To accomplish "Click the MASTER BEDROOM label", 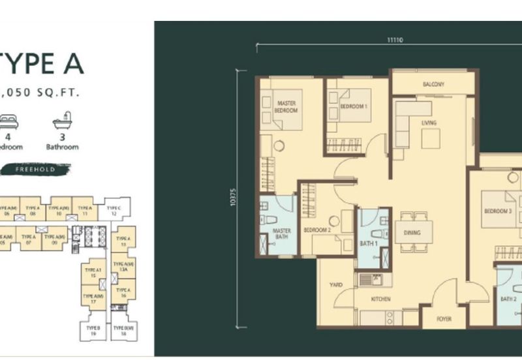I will [287, 107].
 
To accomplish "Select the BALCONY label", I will [433, 85].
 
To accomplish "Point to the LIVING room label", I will [429, 123].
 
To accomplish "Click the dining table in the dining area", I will [413, 233].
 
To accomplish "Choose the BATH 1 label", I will [369, 244].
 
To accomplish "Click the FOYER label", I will [444, 320].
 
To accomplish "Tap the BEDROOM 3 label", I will [498, 212].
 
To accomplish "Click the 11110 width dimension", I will [393, 40].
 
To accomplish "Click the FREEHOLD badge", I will [34, 169].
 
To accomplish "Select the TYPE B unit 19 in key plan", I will [93, 330].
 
